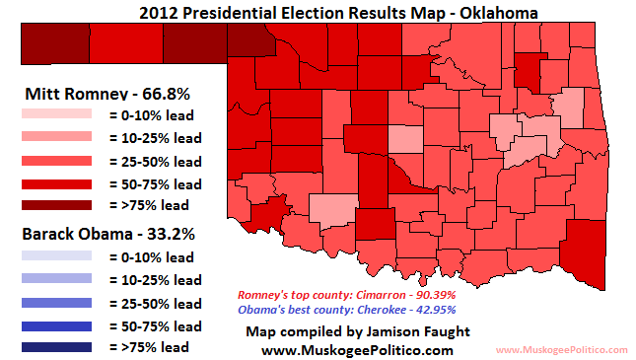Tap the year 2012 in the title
coord(160,12)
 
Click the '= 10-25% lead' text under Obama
coord(153,279)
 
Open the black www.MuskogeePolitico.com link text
coord(357,349)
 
